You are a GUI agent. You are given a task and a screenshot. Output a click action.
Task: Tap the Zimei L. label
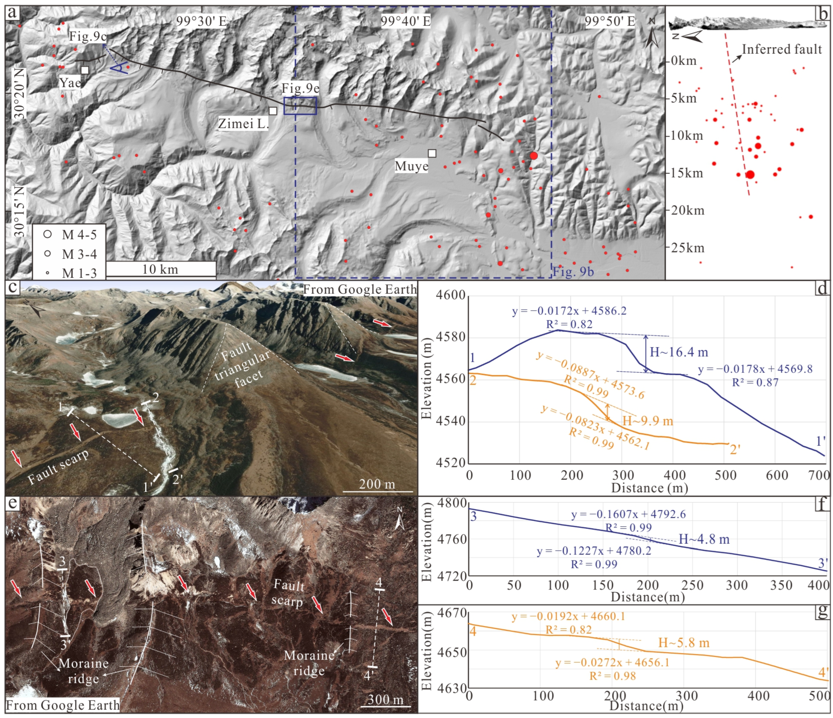243,124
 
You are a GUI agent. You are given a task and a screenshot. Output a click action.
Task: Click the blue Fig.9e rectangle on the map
300,106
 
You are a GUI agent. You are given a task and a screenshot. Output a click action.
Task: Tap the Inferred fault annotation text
782,49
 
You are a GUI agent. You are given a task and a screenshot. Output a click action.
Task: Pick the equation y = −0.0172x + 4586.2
569,311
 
